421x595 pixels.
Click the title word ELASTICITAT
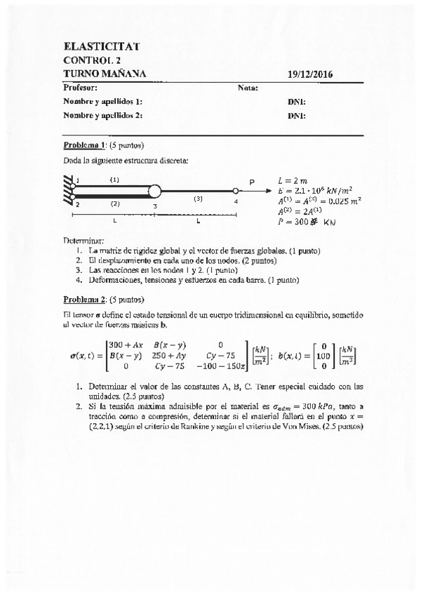(x=101, y=46)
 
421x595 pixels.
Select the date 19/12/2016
(x=310, y=74)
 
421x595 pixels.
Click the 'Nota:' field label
(x=248, y=88)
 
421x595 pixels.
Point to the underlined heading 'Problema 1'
(x=84, y=146)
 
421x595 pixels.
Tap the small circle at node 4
(x=235, y=190)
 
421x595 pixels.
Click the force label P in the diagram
(x=252, y=181)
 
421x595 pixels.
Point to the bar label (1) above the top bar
(x=114, y=180)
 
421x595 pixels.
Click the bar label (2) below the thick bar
(x=114, y=203)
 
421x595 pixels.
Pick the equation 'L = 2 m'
(x=293, y=180)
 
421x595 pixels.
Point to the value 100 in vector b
(x=323, y=356)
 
